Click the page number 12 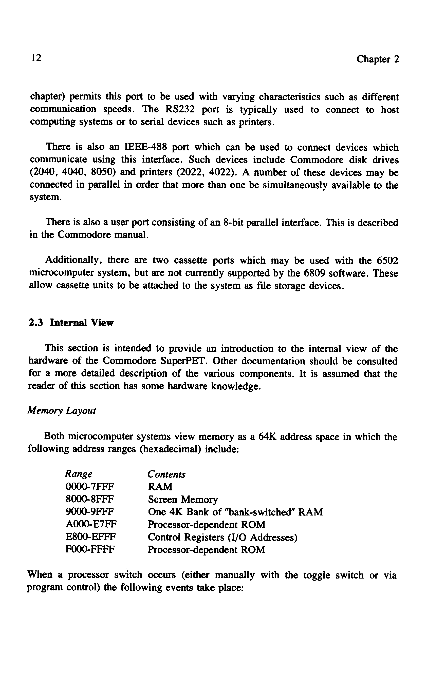point(36,58)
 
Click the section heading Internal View point(82,323)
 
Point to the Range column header point(79,474)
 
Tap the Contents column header point(166,474)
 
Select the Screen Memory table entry point(183,499)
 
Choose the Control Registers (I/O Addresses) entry point(222,537)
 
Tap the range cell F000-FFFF point(90,550)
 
